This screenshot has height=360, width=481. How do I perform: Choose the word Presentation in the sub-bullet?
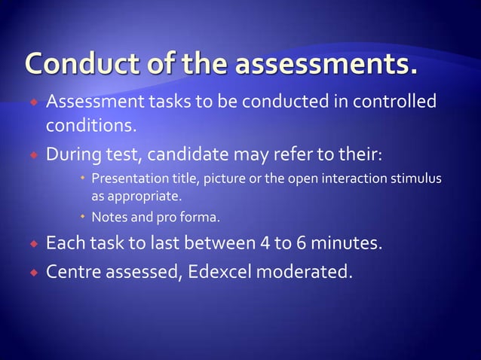(126, 179)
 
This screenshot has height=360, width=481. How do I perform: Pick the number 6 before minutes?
(299, 244)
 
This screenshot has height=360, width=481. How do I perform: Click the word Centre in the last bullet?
(73, 269)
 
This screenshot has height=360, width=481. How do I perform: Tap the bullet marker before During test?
(32, 157)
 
